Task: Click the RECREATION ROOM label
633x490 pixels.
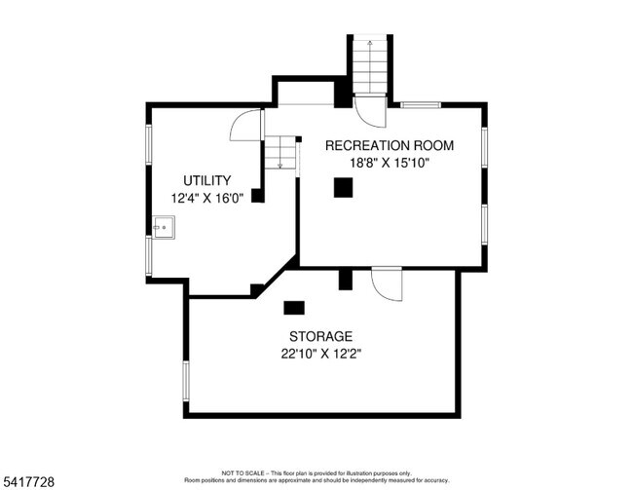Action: click(x=390, y=145)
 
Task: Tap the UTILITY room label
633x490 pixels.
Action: click(x=207, y=180)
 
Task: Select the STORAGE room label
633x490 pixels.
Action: click(x=321, y=336)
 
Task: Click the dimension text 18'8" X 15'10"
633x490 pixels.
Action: click(x=390, y=164)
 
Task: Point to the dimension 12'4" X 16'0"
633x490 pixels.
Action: click(x=207, y=199)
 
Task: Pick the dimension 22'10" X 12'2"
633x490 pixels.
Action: click(x=321, y=355)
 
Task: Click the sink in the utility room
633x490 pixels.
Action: click(x=164, y=228)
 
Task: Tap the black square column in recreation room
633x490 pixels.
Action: click(x=343, y=187)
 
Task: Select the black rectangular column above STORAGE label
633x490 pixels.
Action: click(x=294, y=308)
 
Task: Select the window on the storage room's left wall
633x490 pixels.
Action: click(x=186, y=381)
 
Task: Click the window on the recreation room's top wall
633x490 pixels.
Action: click(x=421, y=105)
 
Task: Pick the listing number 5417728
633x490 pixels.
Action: click(x=28, y=482)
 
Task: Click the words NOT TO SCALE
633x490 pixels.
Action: click(x=242, y=473)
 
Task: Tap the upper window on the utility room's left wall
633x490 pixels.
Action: click(x=149, y=144)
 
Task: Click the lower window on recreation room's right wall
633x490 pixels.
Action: click(x=484, y=225)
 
